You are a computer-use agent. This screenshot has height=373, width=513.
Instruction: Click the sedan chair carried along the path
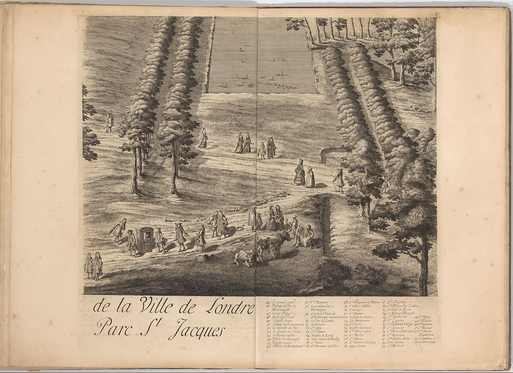click(144, 239)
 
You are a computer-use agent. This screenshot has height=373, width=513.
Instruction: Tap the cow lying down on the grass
click(244, 258)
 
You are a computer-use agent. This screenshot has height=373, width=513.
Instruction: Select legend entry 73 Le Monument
click(361, 321)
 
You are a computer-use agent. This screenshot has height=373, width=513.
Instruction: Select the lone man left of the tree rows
click(109, 121)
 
